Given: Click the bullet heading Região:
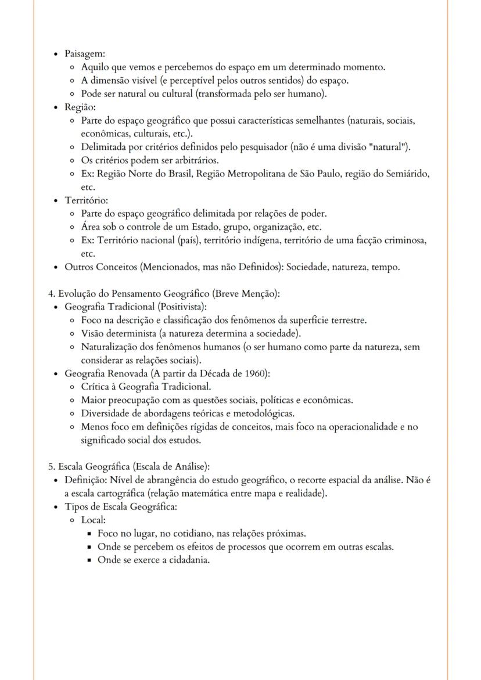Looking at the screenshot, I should click(80, 107).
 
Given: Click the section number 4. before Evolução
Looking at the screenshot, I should click(52, 294).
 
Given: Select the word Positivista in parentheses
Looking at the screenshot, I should click(180, 307).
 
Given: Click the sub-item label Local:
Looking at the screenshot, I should click(93, 520).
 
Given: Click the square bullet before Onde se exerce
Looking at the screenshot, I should click(90, 560).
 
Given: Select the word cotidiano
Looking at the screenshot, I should click(181, 533).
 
